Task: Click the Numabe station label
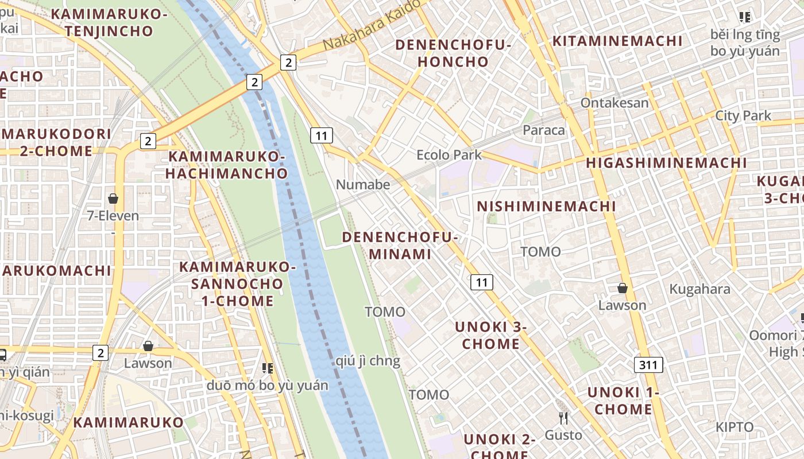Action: [x=362, y=185]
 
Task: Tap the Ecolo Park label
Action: [x=449, y=155]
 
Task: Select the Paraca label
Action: [x=543, y=130]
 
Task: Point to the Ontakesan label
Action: [x=614, y=103]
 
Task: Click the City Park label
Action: [x=743, y=116]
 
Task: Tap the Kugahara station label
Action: [x=699, y=289]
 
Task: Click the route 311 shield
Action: [x=649, y=364]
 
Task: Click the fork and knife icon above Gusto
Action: [x=563, y=418]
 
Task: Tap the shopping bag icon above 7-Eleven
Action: [x=113, y=199]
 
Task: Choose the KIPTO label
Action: [x=734, y=427]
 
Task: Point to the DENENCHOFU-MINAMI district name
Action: [x=400, y=245]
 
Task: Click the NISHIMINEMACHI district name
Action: [x=546, y=207]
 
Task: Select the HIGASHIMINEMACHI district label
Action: [x=666, y=163]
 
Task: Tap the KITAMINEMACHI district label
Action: [x=617, y=41]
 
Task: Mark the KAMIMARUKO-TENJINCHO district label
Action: [x=109, y=22]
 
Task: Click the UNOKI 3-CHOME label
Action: [x=490, y=335]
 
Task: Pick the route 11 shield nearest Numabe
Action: [x=321, y=135]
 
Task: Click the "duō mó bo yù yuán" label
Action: [x=267, y=386]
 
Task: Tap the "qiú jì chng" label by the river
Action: [x=368, y=361]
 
